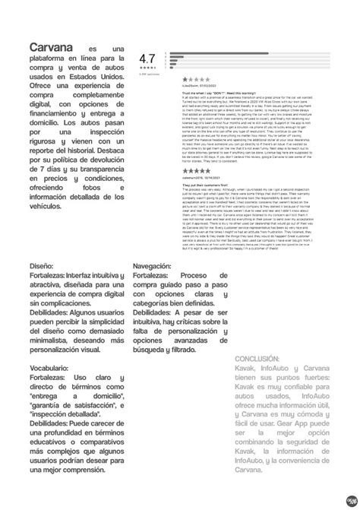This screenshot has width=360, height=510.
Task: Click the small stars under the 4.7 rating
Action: pyautogui.click(x=147, y=68)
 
